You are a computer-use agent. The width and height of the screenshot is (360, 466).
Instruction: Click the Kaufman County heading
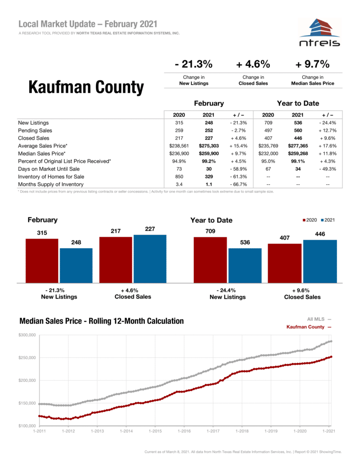(x=86, y=86)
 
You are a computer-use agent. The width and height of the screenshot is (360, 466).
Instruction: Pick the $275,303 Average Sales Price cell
(x=209, y=146)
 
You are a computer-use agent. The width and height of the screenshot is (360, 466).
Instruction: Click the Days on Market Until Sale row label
(x=49, y=169)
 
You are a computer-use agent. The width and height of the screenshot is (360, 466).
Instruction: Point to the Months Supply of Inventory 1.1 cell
(x=209, y=184)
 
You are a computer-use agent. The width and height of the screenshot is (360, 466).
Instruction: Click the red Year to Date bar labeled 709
(x=210, y=259)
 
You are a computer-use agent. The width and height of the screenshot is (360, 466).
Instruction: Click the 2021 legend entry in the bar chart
(x=328, y=220)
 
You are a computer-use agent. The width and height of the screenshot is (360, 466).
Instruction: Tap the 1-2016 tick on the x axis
(x=184, y=431)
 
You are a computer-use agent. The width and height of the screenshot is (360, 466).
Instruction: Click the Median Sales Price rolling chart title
(x=101, y=321)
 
